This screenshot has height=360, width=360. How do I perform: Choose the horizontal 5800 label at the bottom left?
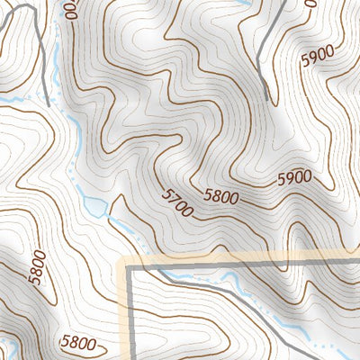click(79, 342)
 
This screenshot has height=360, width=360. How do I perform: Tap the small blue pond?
click(94, 208)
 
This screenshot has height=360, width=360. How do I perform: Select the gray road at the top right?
click(268, 45)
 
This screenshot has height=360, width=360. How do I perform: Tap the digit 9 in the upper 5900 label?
click(310, 60)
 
